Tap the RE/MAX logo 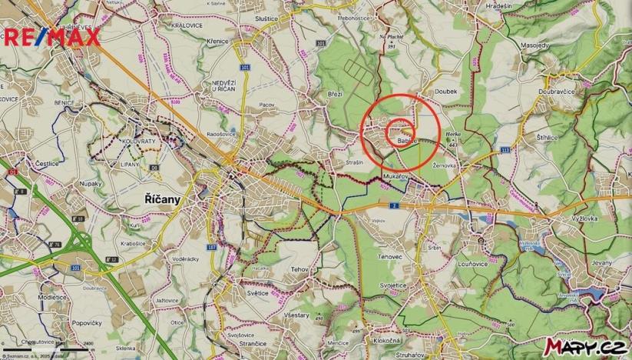click(x=52, y=36)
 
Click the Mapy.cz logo click(x=583, y=346)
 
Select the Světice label click(x=256, y=292)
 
